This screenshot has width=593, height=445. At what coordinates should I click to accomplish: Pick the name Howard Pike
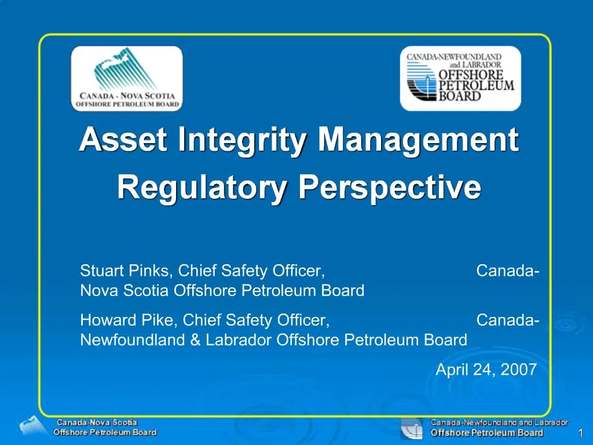pos(129,320)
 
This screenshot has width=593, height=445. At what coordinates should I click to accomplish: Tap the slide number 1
pos(580,435)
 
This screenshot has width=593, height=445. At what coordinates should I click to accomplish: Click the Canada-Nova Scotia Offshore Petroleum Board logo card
pos(126,79)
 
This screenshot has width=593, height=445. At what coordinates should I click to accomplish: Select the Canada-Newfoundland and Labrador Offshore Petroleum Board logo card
pos(460,79)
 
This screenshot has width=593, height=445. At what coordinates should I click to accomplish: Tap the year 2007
pos(519,369)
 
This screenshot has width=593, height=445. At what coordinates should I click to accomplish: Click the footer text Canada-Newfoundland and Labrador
pos(499,423)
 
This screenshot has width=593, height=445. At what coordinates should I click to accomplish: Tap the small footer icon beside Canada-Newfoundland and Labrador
pos(411,428)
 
